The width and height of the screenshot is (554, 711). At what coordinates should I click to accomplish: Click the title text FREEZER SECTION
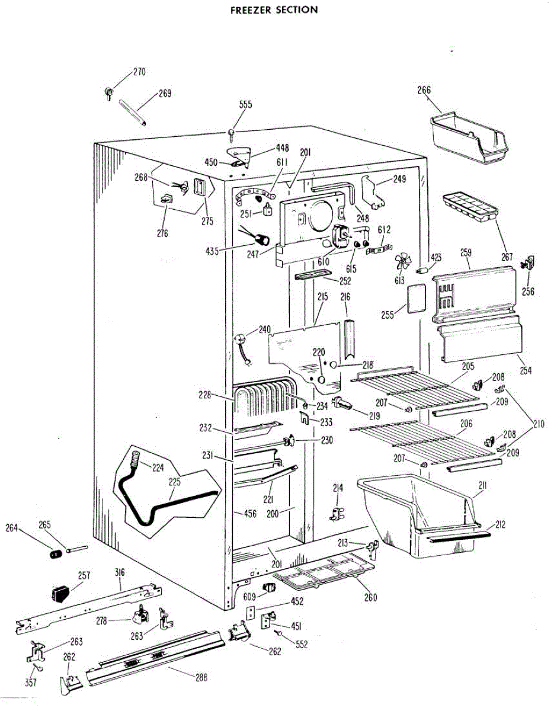(x=274, y=10)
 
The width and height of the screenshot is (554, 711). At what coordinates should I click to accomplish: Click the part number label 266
(x=424, y=91)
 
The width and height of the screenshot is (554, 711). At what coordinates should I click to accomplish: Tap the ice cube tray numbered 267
(x=468, y=207)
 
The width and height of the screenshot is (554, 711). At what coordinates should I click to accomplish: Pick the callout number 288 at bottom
(x=201, y=678)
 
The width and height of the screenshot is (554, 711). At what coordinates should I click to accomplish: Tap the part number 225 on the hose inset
(x=174, y=482)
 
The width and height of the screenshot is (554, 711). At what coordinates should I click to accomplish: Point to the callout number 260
(x=370, y=597)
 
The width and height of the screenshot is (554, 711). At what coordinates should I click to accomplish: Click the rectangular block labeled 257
(x=60, y=592)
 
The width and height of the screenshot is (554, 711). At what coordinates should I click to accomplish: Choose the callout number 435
(x=212, y=251)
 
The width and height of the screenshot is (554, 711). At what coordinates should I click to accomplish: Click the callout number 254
(x=526, y=371)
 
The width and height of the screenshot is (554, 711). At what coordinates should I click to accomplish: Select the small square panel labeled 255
(x=415, y=298)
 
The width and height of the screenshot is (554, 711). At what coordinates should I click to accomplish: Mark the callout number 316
(x=120, y=572)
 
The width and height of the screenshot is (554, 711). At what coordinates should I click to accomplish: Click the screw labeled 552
(x=277, y=633)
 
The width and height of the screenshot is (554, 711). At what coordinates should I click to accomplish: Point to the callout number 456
(x=250, y=514)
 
